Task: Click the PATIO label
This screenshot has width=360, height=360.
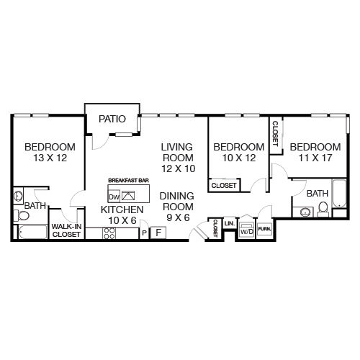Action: pos(112,119)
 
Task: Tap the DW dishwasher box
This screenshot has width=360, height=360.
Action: pos(114,197)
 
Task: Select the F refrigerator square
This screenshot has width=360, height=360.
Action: pos(158,233)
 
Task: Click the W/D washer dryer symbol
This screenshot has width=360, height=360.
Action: pos(247,230)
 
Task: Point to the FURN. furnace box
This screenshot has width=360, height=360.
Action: pos(264,229)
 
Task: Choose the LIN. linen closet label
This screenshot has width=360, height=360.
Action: pos(230,223)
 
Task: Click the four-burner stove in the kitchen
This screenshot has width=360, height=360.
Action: pos(109,233)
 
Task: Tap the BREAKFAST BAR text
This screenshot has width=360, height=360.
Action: pos(128,180)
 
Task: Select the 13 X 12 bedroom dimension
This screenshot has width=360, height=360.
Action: pos(50,158)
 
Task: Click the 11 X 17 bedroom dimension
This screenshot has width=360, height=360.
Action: pos(315,158)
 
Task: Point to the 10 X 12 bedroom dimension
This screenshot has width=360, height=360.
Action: pos(239,158)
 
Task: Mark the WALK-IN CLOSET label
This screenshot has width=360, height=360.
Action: pos(66,230)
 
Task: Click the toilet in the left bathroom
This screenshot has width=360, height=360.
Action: pos(22,216)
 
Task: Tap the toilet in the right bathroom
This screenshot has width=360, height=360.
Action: pos(323,210)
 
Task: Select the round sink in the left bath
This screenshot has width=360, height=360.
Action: pos(18,196)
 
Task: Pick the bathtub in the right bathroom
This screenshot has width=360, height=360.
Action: pos(339,194)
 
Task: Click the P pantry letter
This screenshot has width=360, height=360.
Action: pos(144,233)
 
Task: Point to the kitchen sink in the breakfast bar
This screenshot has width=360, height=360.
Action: pos(128,196)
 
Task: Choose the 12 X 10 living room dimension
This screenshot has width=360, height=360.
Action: pos(178,168)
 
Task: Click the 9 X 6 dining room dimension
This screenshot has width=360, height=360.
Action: pos(178,217)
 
